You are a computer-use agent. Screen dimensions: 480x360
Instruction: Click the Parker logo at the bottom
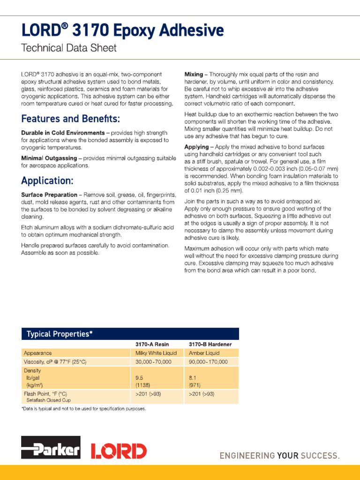click(51, 447)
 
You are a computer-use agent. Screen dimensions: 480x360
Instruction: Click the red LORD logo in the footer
click(118, 450)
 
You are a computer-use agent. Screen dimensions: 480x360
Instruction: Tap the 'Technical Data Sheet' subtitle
click(69, 48)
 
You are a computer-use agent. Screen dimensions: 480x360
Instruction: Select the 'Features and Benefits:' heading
click(70, 118)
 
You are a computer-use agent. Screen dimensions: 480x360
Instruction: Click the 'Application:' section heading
click(47, 180)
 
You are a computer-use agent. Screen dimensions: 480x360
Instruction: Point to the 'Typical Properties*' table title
click(60, 334)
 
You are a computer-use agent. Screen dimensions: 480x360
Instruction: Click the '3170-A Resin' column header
click(152, 344)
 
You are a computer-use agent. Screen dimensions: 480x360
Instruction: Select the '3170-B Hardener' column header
click(210, 344)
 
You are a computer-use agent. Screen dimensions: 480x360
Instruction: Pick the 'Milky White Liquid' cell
click(156, 353)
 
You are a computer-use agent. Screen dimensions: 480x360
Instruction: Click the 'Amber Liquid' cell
click(204, 353)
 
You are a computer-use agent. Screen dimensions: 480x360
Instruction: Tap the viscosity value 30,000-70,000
click(153, 362)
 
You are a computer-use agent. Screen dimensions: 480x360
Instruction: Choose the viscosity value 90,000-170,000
click(208, 362)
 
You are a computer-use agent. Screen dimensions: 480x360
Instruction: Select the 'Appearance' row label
click(37, 353)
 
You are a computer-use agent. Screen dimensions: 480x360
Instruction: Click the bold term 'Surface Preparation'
click(49, 195)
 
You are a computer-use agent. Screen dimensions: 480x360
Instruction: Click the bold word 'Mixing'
click(194, 75)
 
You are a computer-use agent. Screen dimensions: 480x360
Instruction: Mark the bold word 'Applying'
click(196, 147)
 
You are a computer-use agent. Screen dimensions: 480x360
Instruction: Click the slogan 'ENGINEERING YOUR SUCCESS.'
click(280, 456)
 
